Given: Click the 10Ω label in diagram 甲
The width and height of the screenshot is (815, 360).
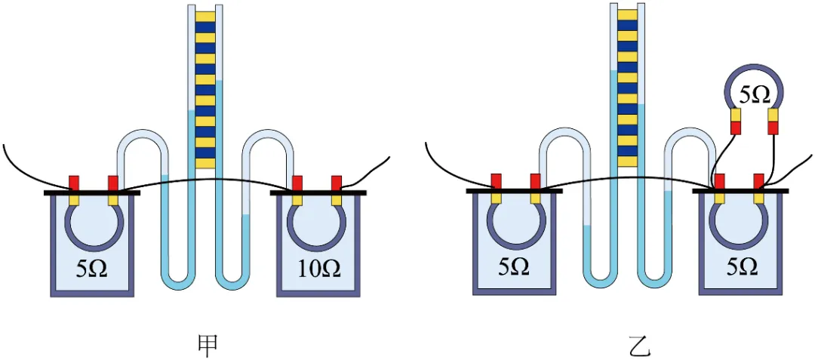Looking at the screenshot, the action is pyautogui.click(x=318, y=269).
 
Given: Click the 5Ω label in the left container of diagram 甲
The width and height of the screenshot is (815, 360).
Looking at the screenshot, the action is pyautogui.click(x=91, y=269).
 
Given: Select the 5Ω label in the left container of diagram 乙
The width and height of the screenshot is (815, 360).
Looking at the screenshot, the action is pyautogui.click(x=514, y=267).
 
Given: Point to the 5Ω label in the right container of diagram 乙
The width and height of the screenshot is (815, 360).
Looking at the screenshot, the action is pyautogui.click(x=741, y=267).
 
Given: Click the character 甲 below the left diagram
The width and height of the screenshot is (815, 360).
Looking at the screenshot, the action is pyautogui.click(x=208, y=346).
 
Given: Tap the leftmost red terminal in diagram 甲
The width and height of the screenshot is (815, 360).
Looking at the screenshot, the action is pyautogui.click(x=74, y=183).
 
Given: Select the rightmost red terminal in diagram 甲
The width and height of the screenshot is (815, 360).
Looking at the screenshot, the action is pyautogui.click(x=337, y=183).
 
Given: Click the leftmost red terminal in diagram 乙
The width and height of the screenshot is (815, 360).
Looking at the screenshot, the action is pyautogui.click(x=497, y=181).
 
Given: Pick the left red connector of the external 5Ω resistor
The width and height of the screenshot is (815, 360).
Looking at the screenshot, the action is pyautogui.click(x=736, y=128).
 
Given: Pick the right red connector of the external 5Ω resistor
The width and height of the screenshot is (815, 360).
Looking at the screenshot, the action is pyautogui.click(x=773, y=128).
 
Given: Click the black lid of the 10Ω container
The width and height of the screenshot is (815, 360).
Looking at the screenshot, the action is pyautogui.click(x=318, y=193).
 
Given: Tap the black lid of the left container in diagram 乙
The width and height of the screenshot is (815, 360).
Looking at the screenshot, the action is pyautogui.click(x=514, y=191).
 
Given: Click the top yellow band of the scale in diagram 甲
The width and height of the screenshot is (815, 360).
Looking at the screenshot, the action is pyautogui.click(x=205, y=17).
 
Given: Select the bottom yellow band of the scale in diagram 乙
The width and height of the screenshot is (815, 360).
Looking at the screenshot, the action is pyautogui.click(x=627, y=161).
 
